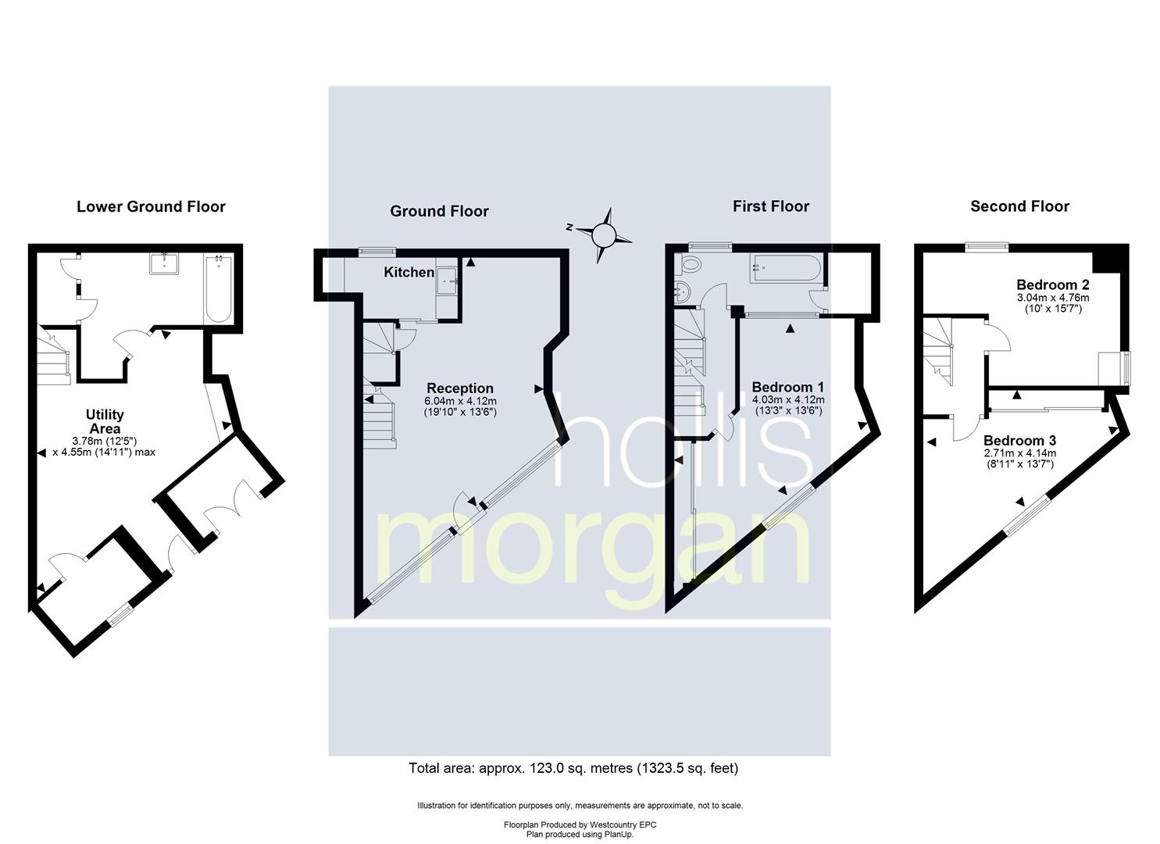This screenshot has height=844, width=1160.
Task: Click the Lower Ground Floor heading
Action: click(151, 207)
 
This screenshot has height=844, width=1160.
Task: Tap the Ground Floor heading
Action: click(439, 211)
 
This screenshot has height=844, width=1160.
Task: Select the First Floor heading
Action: click(770, 207)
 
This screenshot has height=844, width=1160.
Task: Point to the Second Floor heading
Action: click(1019, 207)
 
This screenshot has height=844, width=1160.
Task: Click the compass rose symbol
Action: click(602, 235)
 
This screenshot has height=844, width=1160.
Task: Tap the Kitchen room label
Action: click(409, 272)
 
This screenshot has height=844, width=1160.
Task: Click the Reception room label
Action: click(460, 388)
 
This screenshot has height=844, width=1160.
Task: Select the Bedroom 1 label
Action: click(787, 387)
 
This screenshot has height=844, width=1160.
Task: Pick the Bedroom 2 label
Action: click(1053, 284)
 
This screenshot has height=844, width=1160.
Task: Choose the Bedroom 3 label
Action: click(1019, 441)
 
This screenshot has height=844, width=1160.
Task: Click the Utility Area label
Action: click(105, 422)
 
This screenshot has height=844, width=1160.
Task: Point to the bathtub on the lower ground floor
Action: click(219, 289)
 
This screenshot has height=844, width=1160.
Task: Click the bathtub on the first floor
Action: click(785, 268)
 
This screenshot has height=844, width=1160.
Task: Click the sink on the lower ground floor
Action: click(164, 263)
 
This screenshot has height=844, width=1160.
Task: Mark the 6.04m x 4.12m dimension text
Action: click(460, 401)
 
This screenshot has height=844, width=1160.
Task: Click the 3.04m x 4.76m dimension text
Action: click(1053, 298)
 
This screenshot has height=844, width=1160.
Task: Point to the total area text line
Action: click(573, 768)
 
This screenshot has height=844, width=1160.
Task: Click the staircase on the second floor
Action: click(938, 351)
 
